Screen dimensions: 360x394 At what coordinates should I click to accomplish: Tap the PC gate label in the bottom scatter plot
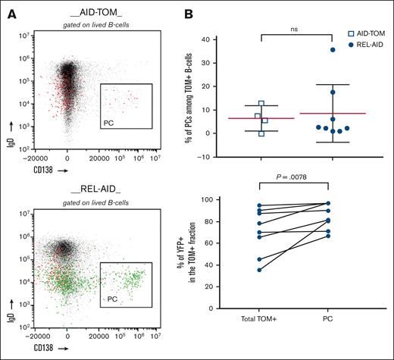tap(109, 301)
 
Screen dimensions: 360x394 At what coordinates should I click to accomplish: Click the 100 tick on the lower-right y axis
tap(230, 199)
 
